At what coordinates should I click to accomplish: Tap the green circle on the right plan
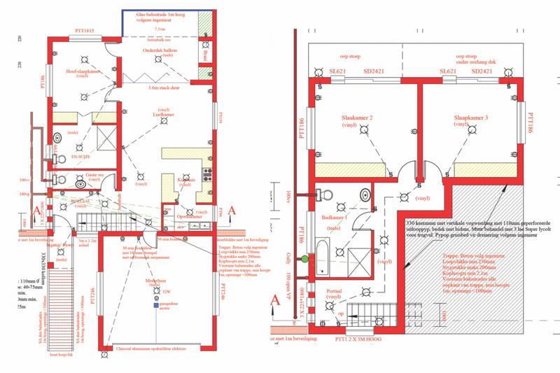click(305, 260)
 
